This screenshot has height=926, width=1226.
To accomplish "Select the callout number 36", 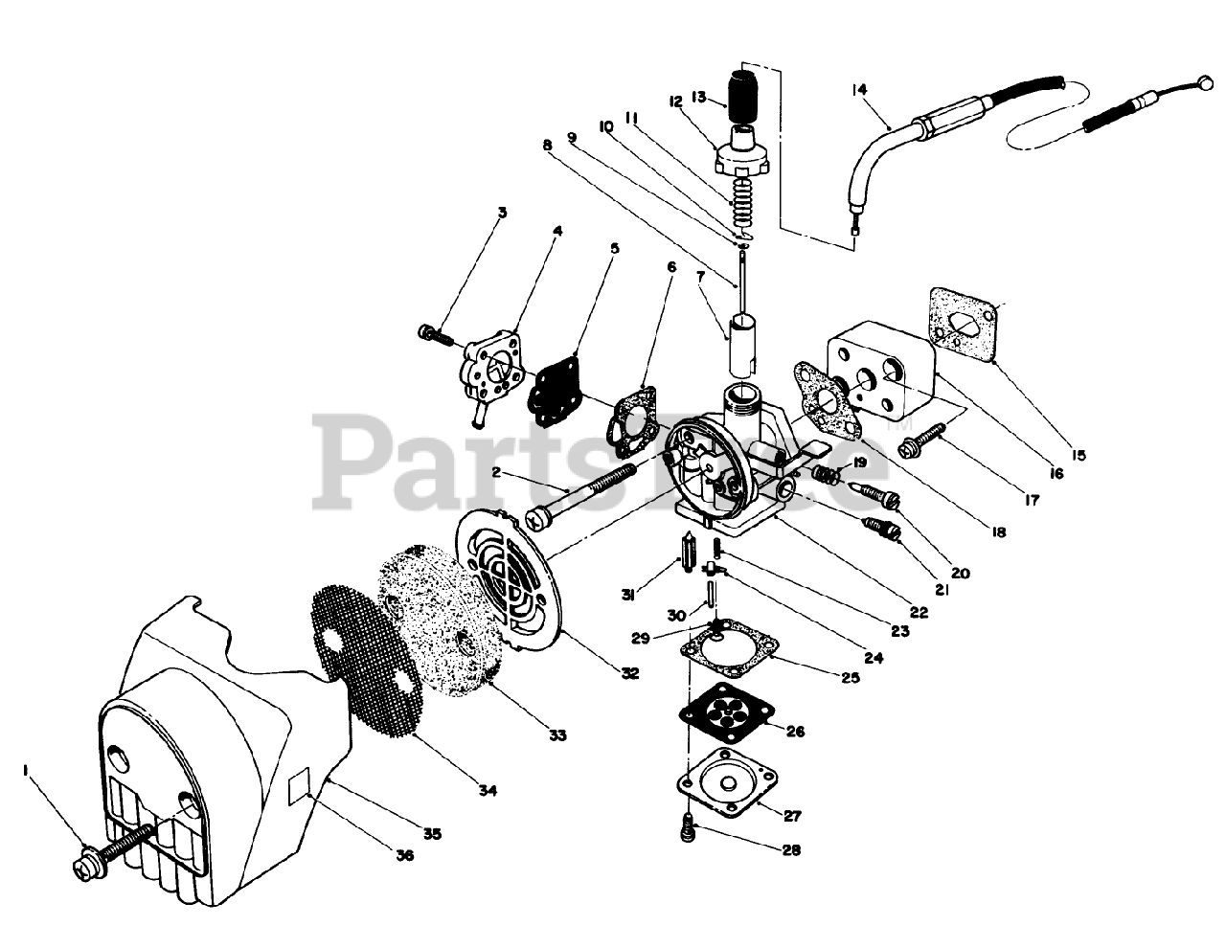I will click(x=404, y=855).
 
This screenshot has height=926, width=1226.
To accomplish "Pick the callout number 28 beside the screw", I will click(x=792, y=849).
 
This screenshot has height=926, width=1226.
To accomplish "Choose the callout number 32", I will click(x=629, y=672).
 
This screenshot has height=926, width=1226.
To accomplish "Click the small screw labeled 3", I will click(x=431, y=334).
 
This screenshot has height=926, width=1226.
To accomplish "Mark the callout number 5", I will click(x=615, y=248).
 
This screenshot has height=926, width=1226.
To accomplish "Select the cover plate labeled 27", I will click(x=728, y=777).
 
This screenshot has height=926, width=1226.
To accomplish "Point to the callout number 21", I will click(x=942, y=591).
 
